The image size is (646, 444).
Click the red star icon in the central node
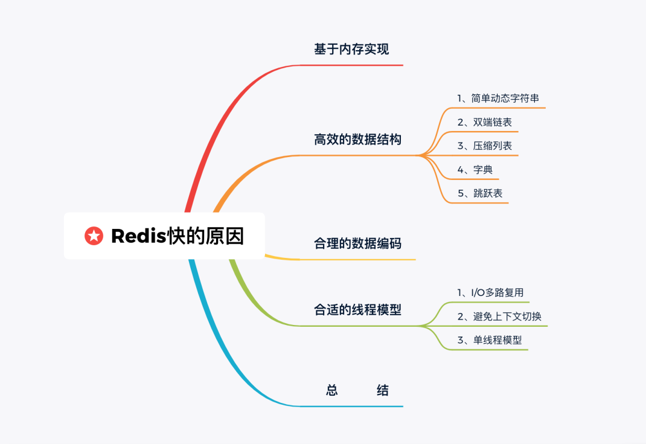(x=94, y=236)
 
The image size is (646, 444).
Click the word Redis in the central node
(x=139, y=236)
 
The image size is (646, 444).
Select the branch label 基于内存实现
(x=351, y=49)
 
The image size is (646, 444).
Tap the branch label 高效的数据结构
(x=357, y=140)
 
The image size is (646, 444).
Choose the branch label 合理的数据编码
(x=357, y=243)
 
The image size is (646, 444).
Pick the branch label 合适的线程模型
(x=357, y=309)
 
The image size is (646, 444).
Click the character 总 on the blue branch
(x=332, y=390)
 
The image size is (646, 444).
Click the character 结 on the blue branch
(x=383, y=390)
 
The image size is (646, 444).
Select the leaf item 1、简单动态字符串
(x=498, y=98)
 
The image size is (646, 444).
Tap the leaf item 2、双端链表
(x=484, y=122)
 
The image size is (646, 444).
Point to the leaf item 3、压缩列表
(x=484, y=146)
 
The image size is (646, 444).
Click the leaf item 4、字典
(x=475, y=169)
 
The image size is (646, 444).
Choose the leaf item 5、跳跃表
(x=480, y=193)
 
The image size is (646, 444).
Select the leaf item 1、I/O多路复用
(x=490, y=293)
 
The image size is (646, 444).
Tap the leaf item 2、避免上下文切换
(x=499, y=316)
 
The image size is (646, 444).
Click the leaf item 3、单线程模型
(x=490, y=339)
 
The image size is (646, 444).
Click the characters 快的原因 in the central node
(x=206, y=236)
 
